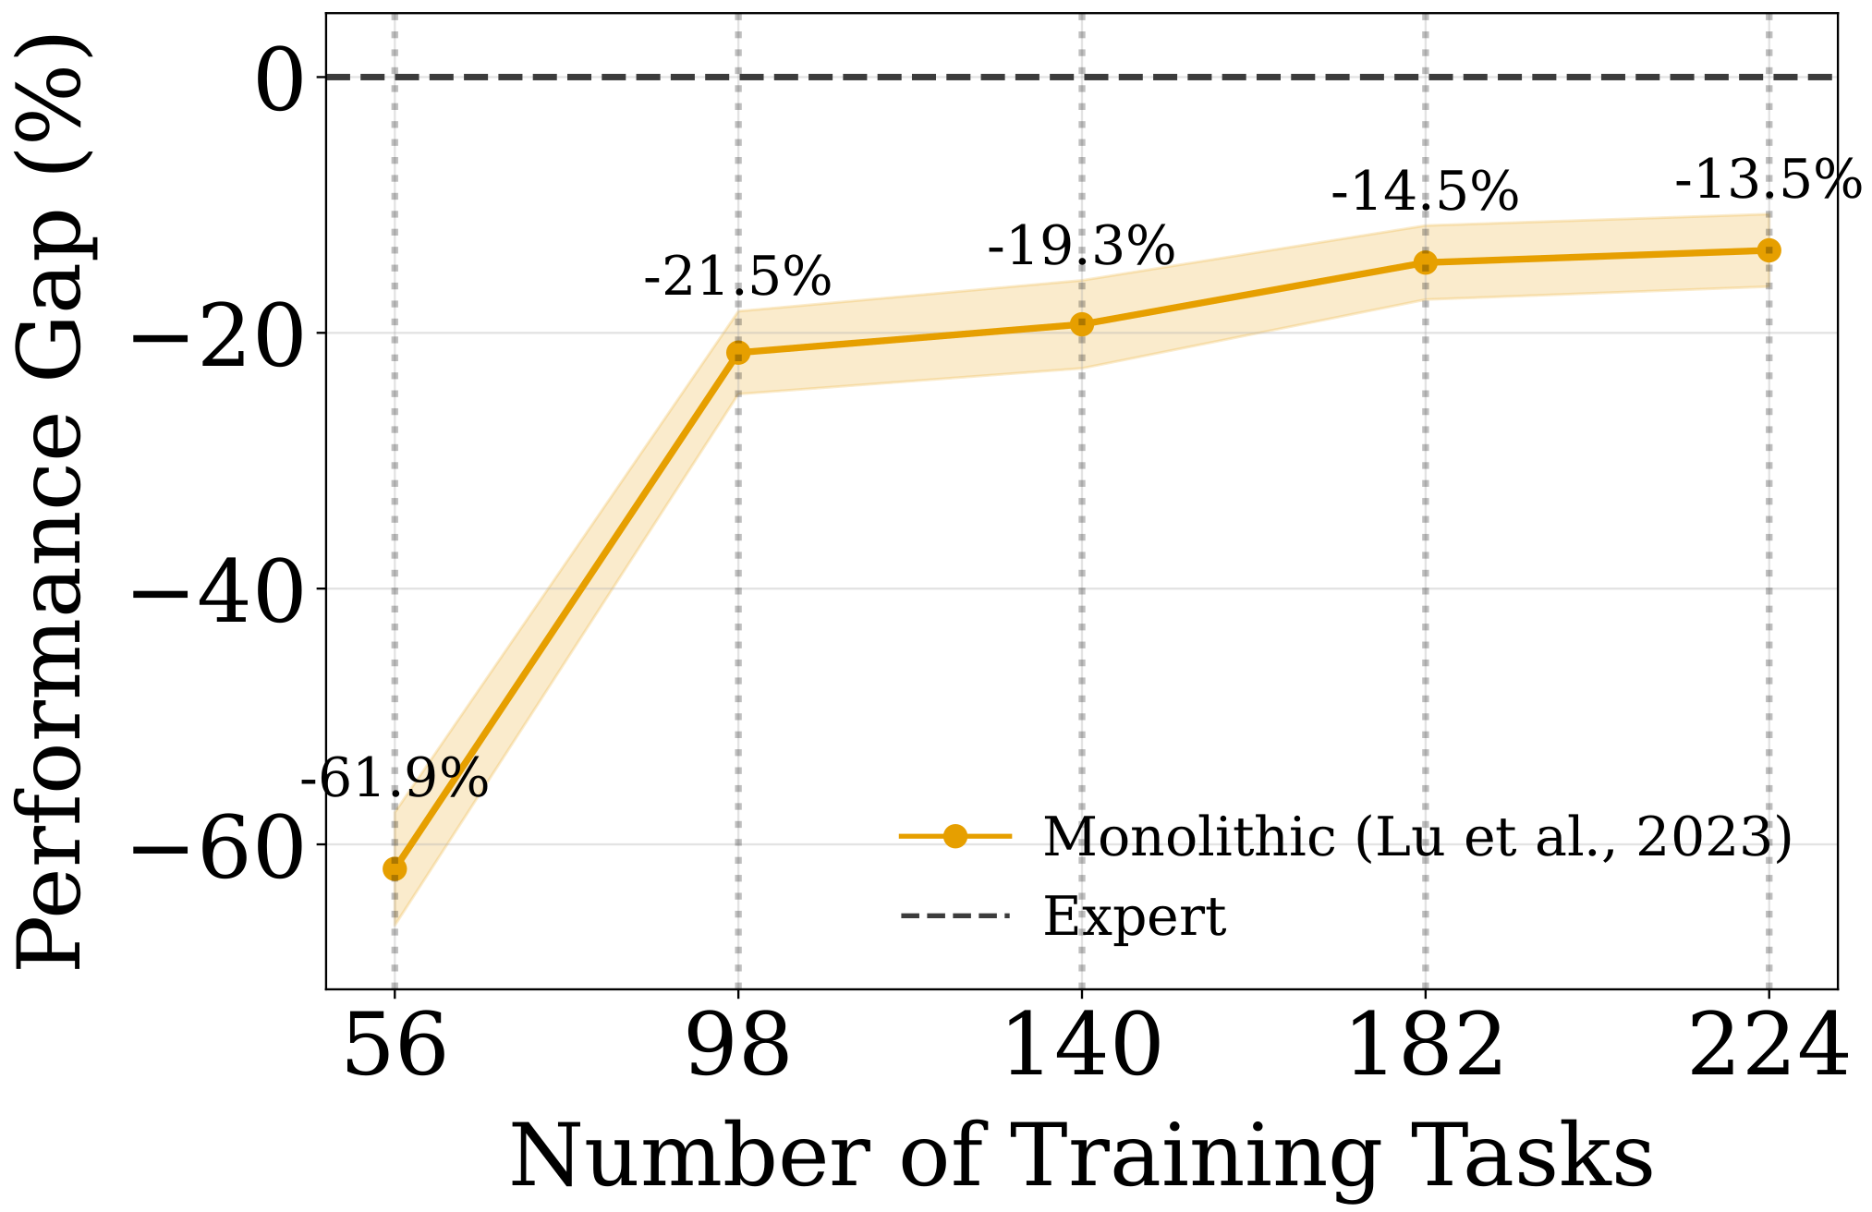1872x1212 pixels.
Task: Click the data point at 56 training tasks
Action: click(395, 869)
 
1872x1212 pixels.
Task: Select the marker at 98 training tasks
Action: click(738, 352)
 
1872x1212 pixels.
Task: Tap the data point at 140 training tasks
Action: click(1082, 324)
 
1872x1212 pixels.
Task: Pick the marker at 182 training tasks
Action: click(1426, 263)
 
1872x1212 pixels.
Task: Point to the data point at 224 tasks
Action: click(1769, 250)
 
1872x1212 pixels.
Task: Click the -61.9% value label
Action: click(395, 779)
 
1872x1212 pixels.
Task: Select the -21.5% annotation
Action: click(738, 276)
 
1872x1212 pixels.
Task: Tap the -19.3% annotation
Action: click(1082, 247)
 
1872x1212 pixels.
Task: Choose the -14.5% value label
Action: click(1426, 191)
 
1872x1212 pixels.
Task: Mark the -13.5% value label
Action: click(1768, 179)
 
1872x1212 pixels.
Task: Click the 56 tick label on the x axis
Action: click(395, 1048)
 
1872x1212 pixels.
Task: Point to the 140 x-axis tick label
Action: click(1082, 1048)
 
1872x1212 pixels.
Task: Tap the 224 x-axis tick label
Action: click(1768, 1048)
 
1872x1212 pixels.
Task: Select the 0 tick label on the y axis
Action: click(280, 79)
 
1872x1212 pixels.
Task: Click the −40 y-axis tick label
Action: click(219, 590)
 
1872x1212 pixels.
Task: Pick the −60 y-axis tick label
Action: click(219, 846)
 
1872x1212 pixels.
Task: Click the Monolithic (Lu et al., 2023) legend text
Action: click(1417, 837)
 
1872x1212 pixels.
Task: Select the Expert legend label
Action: click(1135, 916)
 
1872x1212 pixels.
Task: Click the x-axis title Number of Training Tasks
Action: click(1082, 1157)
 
